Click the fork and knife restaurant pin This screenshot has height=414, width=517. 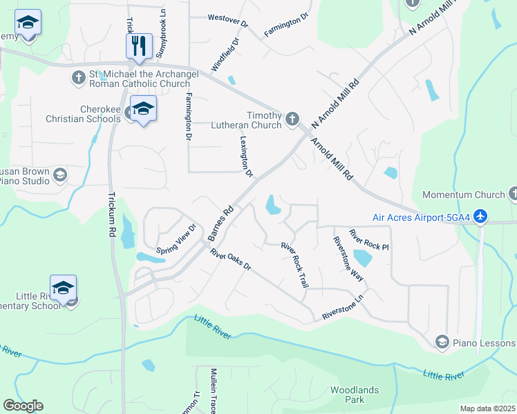point(139,46)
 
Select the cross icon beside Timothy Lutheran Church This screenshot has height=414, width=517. point(292,119)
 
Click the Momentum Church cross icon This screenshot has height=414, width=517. point(513,195)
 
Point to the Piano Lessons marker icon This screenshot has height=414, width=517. point(442,342)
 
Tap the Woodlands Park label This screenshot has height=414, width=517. point(355,395)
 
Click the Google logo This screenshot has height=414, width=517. point(23,406)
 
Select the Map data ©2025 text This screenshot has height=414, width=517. point(487,408)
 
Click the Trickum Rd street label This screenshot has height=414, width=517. point(111,214)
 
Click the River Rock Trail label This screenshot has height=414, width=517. point(294,264)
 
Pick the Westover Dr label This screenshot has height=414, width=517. point(227,19)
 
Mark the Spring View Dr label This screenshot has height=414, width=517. point(177,239)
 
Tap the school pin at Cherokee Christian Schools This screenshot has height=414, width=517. point(143,109)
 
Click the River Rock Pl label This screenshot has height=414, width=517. point(369,239)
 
